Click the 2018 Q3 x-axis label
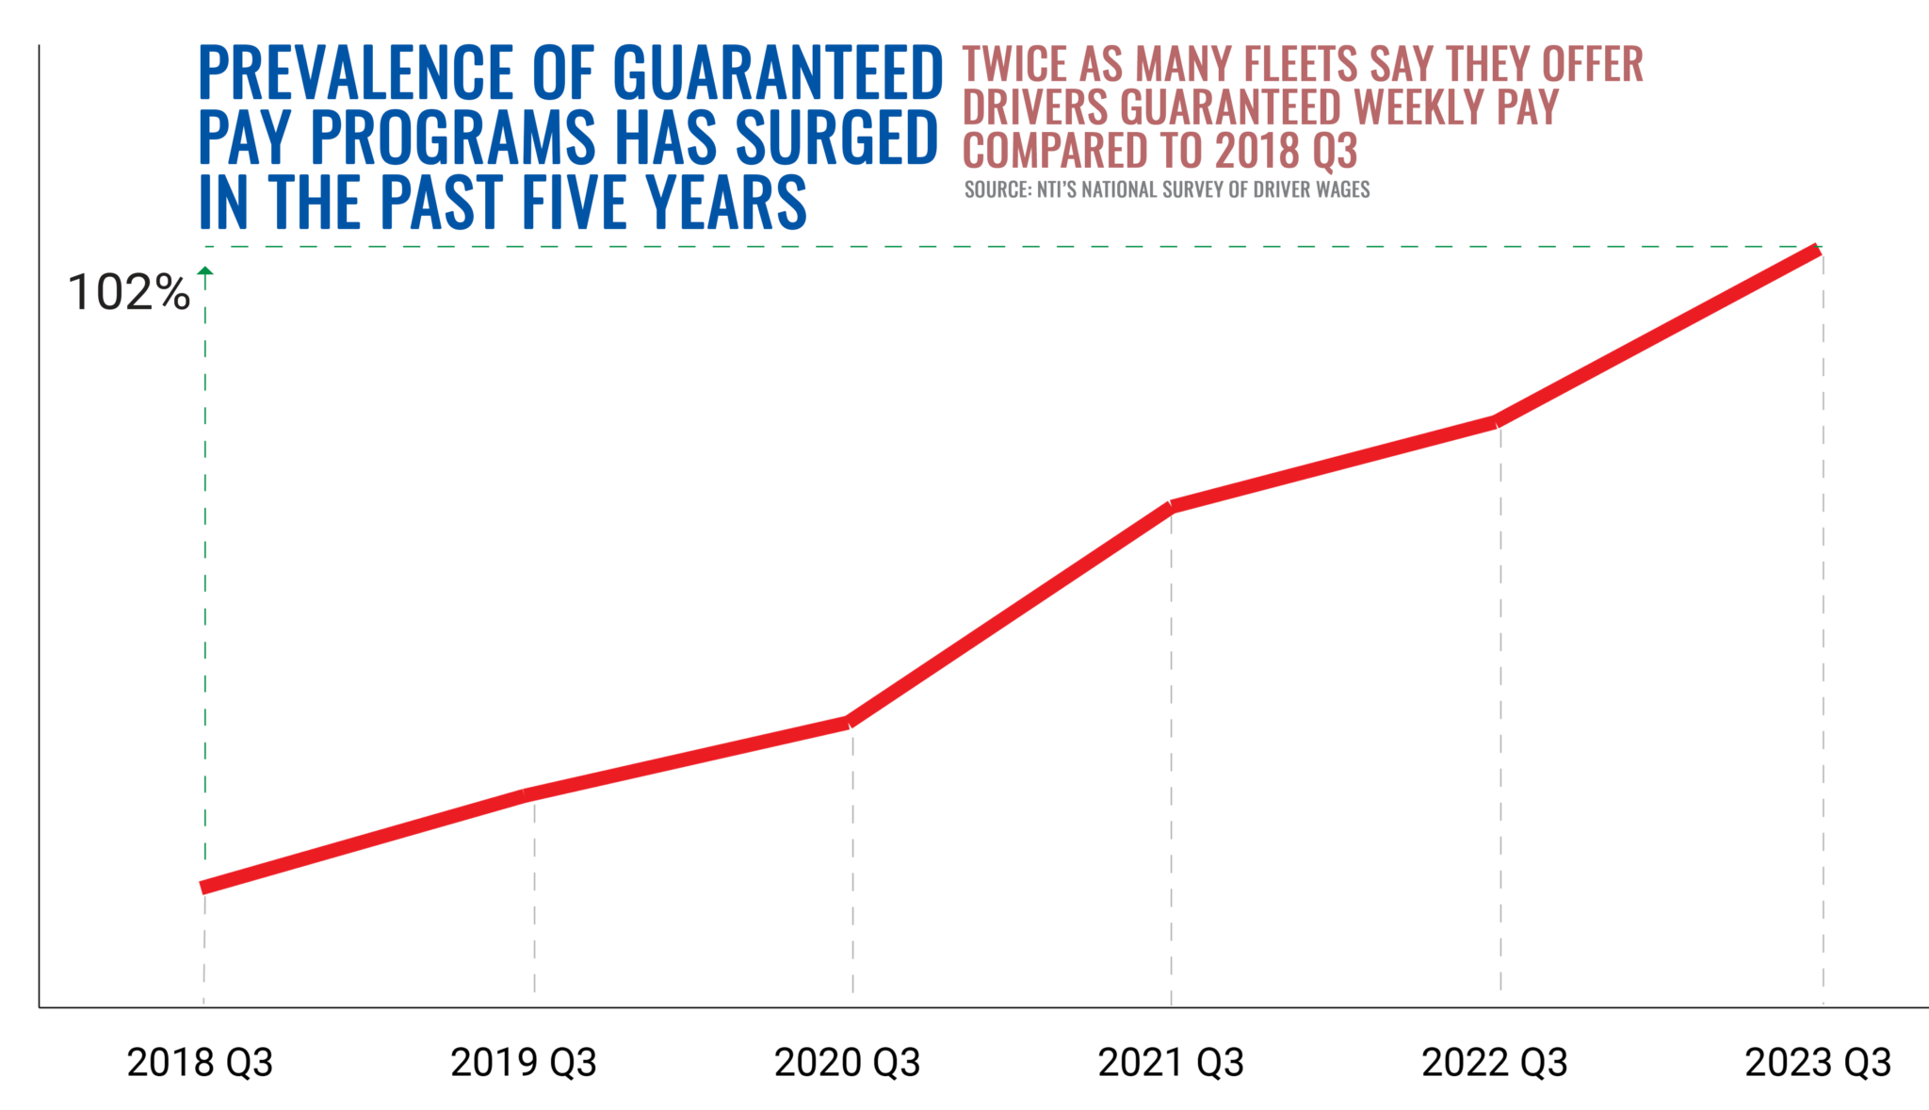pyautogui.click(x=200, y=1063)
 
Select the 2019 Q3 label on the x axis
pyautogui.click(x=524, y=1063)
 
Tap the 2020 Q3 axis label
pyautogui.click(x=847, y=1063)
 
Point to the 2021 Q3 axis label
pyautogui.click(x=1171, y=1063)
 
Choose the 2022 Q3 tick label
pyautogui.click(x=1495, y=1063)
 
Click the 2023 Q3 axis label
pyautogui.click(x=1818, y=1063)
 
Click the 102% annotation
pyautogui.click(x=129, y=293)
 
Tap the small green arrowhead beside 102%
pyautogui.click(x=205, y=271)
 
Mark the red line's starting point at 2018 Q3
pyautogui.click(x=204, y=887)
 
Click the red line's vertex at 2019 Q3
pyautogui.click(x=527, y=794)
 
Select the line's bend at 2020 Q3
pyautogui.click(x=849, y=722)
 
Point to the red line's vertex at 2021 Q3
pyautogui.click(x=1171, y=506)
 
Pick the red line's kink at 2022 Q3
pyautogui.click(x=1495, y=422)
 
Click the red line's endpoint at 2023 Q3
pyautogui.click(x=1817, y=251)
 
